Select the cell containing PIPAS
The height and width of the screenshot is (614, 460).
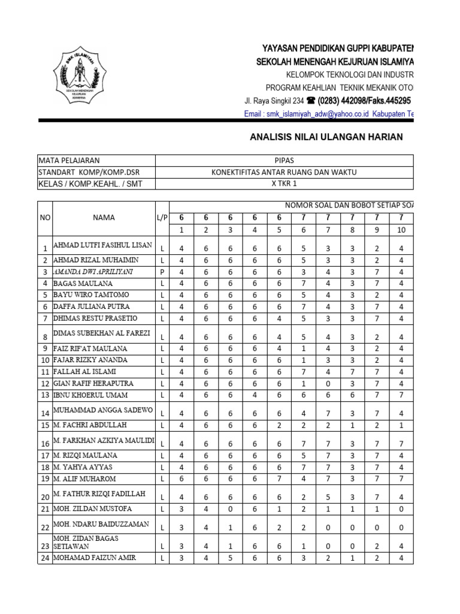point(284,161)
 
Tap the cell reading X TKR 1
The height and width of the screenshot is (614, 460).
point(284,184)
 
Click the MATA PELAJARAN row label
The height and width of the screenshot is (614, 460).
point(69,161)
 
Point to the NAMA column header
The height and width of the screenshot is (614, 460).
point(104,218)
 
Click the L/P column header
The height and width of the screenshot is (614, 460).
point(162,218)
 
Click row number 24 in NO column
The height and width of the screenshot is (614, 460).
point(45,558)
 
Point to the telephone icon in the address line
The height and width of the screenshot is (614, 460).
point(310,100)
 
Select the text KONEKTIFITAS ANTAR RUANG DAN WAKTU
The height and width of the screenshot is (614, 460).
point(284,173)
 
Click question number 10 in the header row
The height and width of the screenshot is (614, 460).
point(401,230)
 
